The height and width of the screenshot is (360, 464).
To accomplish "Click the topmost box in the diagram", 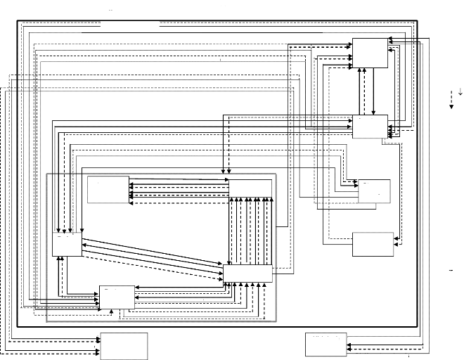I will (x=370, y=53).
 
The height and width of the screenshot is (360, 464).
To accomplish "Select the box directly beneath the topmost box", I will (x=370, y=127).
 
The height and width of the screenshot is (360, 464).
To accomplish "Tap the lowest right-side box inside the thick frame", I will (x=373, y=244).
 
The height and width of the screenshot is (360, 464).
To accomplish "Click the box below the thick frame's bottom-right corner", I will (x=326, y=345).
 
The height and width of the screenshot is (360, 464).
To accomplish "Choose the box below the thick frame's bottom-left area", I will (x=124, y=345).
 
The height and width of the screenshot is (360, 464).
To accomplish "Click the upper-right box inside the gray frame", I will (x=251, y=188).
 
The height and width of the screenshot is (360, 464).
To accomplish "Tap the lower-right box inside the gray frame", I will (x=247, y=273).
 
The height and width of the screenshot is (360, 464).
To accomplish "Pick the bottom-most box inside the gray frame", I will (x=117, y=297).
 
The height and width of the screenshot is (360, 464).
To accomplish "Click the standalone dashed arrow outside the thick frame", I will (x=451, y=100).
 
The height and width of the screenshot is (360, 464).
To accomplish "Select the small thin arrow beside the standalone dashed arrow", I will (x=460, y=91).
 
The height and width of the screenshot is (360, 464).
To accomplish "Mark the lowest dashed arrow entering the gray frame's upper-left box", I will (x=179, y=202).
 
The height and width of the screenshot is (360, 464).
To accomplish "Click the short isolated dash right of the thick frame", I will (x=451, y=271).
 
